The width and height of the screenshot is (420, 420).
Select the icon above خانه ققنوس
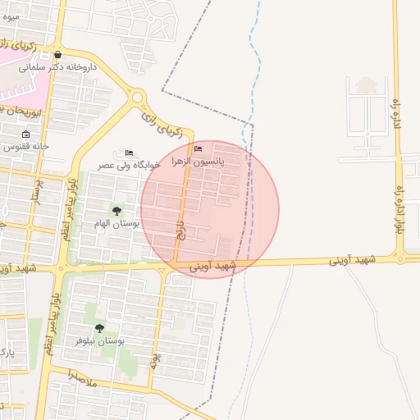pos(26,135)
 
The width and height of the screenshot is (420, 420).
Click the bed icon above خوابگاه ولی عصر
pos(129,153)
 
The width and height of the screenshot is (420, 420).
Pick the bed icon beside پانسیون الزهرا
pos(198,148)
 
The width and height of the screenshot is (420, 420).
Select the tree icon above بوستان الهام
pos(116,211)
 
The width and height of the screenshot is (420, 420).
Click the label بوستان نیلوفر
pos(99,340)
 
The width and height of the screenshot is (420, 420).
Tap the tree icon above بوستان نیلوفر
pos(99,328)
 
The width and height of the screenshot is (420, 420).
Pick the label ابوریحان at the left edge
pos(11,108)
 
